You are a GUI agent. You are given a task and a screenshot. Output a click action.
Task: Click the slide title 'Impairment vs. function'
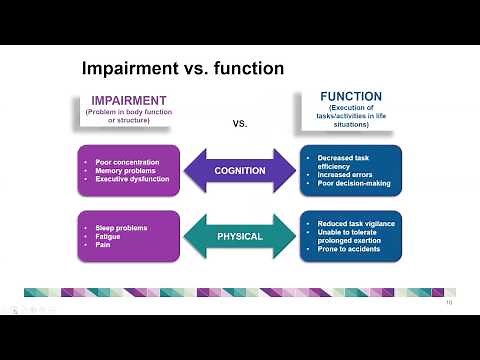point(182,69)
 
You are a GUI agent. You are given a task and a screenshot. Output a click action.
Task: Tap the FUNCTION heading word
point(350,97)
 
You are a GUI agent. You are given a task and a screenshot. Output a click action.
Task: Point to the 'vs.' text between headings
point(240,124)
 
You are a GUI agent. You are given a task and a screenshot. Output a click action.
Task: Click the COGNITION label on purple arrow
point(240,170)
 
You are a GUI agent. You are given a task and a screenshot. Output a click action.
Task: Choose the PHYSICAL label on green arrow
point(240,237)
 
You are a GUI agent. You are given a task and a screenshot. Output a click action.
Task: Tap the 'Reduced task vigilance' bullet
point(356,223)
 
